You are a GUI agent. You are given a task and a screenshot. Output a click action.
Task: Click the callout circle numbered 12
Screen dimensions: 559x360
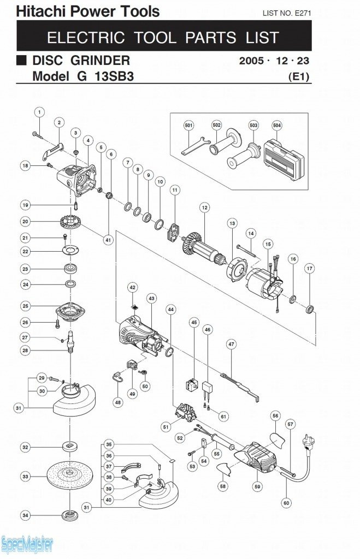[x=204, y=207]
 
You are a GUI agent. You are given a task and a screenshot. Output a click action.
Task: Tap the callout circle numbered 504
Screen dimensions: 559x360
[x=277, y=125]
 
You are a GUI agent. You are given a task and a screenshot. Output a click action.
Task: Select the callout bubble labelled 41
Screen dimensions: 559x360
[x=108, y=239]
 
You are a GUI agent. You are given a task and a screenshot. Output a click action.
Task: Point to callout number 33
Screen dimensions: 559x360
[x=25, y=477]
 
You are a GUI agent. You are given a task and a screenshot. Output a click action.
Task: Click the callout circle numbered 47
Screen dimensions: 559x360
[x=232, y=344]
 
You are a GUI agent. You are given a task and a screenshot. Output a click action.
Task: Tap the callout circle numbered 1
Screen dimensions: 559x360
[x=39, y=112]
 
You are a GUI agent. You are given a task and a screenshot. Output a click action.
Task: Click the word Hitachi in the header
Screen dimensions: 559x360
[x=37, y=11]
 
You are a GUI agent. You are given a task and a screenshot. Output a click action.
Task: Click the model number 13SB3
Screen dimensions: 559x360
[x=111, y=76]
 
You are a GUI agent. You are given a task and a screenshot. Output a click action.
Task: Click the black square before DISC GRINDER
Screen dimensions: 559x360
[x=21, y=60]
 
